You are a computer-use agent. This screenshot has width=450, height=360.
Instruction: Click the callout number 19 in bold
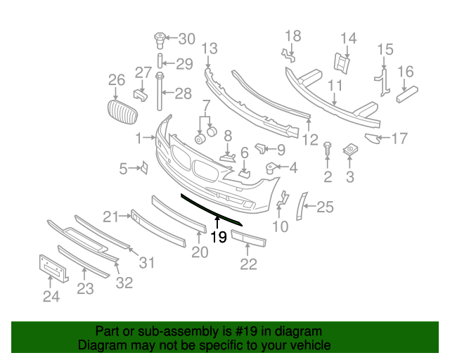pyautogui.click(x=219, y=237)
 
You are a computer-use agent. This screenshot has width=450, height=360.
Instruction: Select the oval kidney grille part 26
pyautogui.click(x=120, y=112)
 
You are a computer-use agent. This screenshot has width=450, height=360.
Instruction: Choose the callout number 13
pyautogui.click(x=209, y=49)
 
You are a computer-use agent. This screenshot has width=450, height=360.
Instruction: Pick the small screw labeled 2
pyautogui.click(x=328, y=148)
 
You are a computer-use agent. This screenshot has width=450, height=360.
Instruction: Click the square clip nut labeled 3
pyautogui.click(x=349, y=150)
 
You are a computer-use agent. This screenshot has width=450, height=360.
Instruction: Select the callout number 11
pyautogui.click(x=334, y=86)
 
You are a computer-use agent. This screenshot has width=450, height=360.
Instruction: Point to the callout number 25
pyautogui.click(x=324, y=207)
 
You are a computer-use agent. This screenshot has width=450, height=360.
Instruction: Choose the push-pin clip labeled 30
pyautogui.click(x=159, y=37)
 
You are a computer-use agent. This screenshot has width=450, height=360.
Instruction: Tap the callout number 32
pyautogui.click(x=124, y=283)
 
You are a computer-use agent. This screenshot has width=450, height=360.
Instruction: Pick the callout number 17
pyautogui.click(x=399, y=139)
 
